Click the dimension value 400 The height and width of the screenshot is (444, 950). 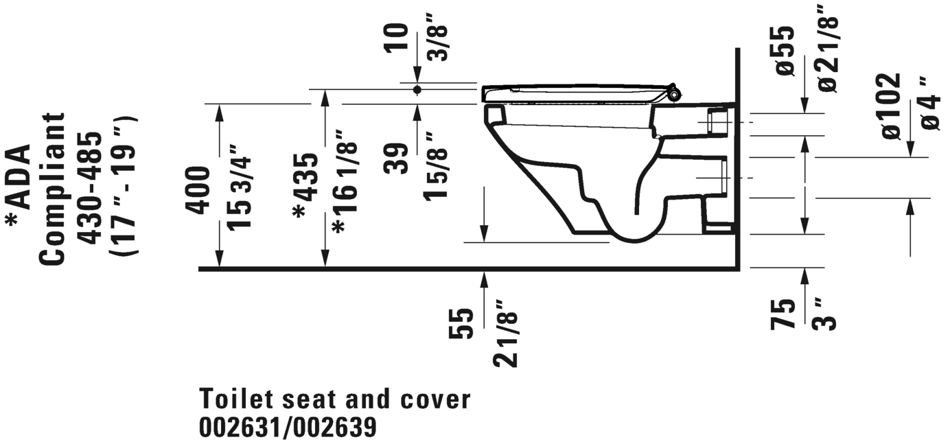[198, 191]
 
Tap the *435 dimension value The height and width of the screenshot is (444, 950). [305, 186]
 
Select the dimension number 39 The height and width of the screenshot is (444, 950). [396, 159]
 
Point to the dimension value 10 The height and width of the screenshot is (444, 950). [396, 38]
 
